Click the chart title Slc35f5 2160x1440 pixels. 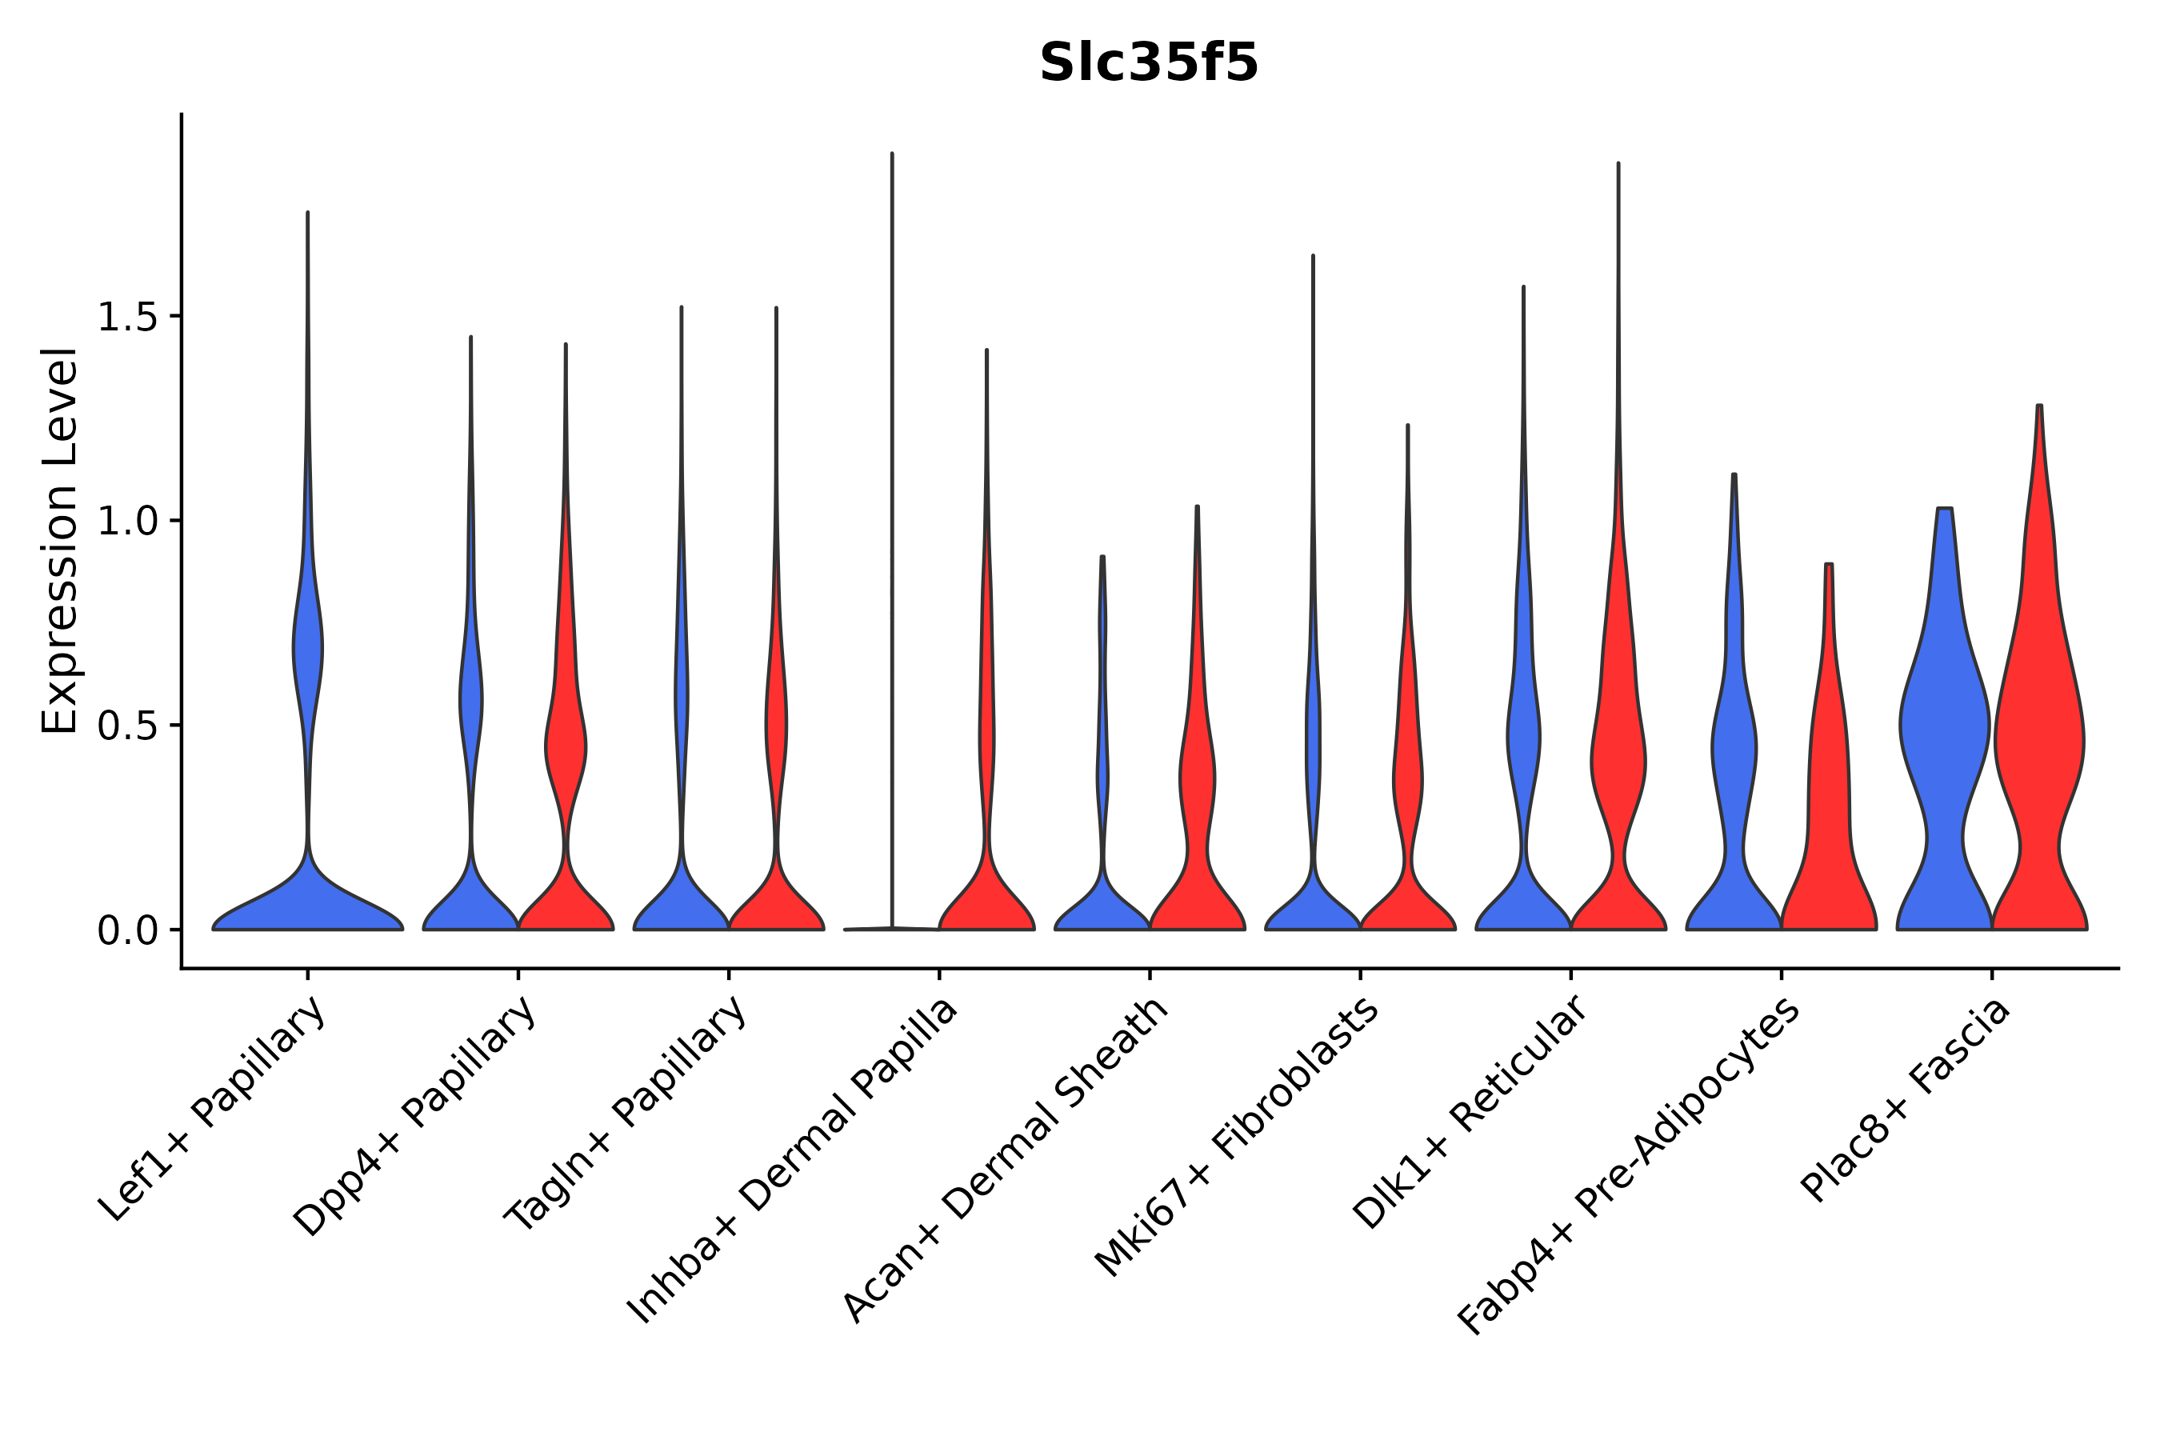(x=1148, y=64)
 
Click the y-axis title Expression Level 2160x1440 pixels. (x=60, y=541)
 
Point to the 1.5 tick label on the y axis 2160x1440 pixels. (x=126, y=318)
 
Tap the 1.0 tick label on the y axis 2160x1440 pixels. (x=126, y=522)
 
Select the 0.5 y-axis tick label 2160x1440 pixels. (x=126, y=726)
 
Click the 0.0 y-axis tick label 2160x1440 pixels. (x=126, y=931)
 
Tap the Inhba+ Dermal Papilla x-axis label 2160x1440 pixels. (x=793, y=1161)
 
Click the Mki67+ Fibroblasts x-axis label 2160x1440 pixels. (x=1236, y=1138)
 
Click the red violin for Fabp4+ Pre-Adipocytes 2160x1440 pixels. (x=1829, y=826)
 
